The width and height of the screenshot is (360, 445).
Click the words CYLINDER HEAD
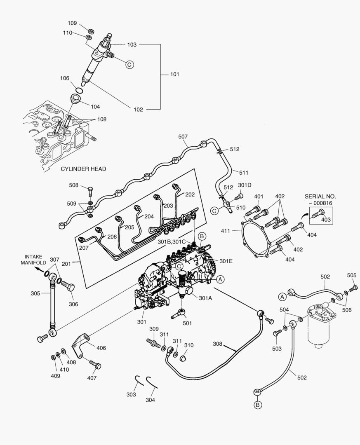83,169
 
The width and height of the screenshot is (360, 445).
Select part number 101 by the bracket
175,75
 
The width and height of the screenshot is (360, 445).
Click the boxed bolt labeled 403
317,213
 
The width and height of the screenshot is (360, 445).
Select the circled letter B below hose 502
258,405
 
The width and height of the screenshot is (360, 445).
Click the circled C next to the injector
129,64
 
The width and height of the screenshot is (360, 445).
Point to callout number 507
183,137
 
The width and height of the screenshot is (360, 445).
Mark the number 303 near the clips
131,395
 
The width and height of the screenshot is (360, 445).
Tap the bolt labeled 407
95,365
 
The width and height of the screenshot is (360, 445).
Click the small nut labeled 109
90,30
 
